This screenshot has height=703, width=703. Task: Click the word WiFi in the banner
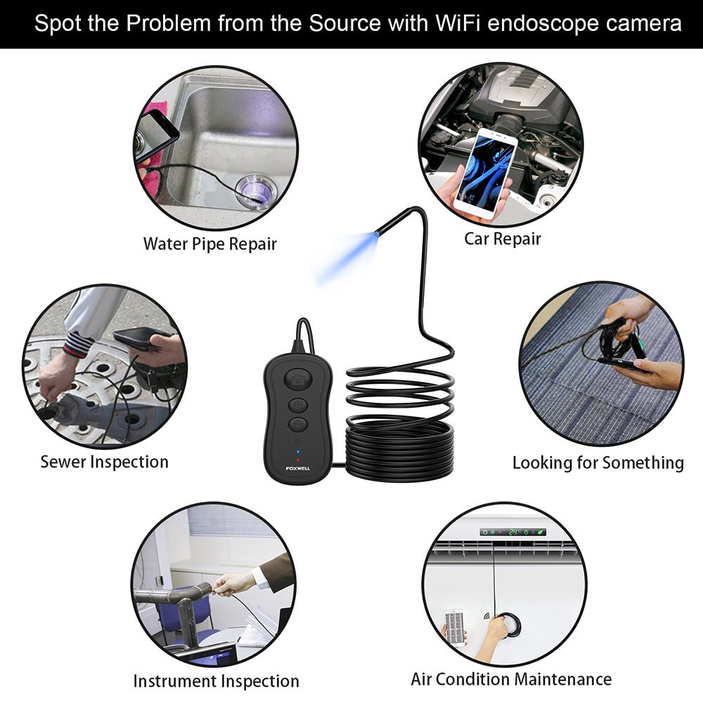[x=458, y=23]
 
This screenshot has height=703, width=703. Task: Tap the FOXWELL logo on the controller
[x=297, y=468]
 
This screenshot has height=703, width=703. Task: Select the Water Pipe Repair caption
[x=209, y=245]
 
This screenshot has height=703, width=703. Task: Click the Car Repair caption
[x=503, y=239]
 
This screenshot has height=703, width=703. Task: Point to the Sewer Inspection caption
[x=105, y=463]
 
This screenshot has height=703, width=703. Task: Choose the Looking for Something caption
[x=598, y=463]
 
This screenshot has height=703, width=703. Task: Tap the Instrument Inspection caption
[x=216, y=681]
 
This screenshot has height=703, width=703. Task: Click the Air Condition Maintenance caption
[x=511, y=679]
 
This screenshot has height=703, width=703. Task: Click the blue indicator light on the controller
[x=297, y=452]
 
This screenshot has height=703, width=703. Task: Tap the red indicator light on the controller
[x=297, y=460]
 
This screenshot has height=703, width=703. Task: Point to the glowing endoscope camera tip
[x=377, y=233]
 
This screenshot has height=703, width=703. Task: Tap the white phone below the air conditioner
[x=454, y=627]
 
